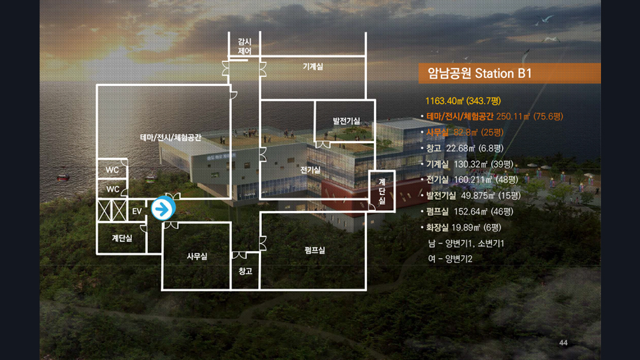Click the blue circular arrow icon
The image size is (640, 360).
(x=163, y=209)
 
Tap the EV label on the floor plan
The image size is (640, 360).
(x=137, y=211)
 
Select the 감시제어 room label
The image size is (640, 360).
(x=245, y=47)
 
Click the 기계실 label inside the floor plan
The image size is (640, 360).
(x=313, y=67)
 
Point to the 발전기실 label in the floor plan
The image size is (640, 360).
(x=346, y=121)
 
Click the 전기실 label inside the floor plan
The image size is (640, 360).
(x=310, y=170)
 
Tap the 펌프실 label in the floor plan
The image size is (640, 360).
(x=315, y=250)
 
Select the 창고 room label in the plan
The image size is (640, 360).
(x=245, y=271)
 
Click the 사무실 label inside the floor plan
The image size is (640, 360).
(x=197, y=256)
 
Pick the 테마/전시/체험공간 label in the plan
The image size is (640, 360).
(x=171, y=137)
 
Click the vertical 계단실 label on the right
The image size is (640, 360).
(x=382, y=191)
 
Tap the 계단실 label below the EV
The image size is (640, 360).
(x=122, y=238)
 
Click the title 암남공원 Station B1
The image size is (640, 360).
(x=476, y=74)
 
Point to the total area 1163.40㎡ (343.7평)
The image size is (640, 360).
(x=463, y=101)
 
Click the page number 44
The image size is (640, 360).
(x=563, y=343)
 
